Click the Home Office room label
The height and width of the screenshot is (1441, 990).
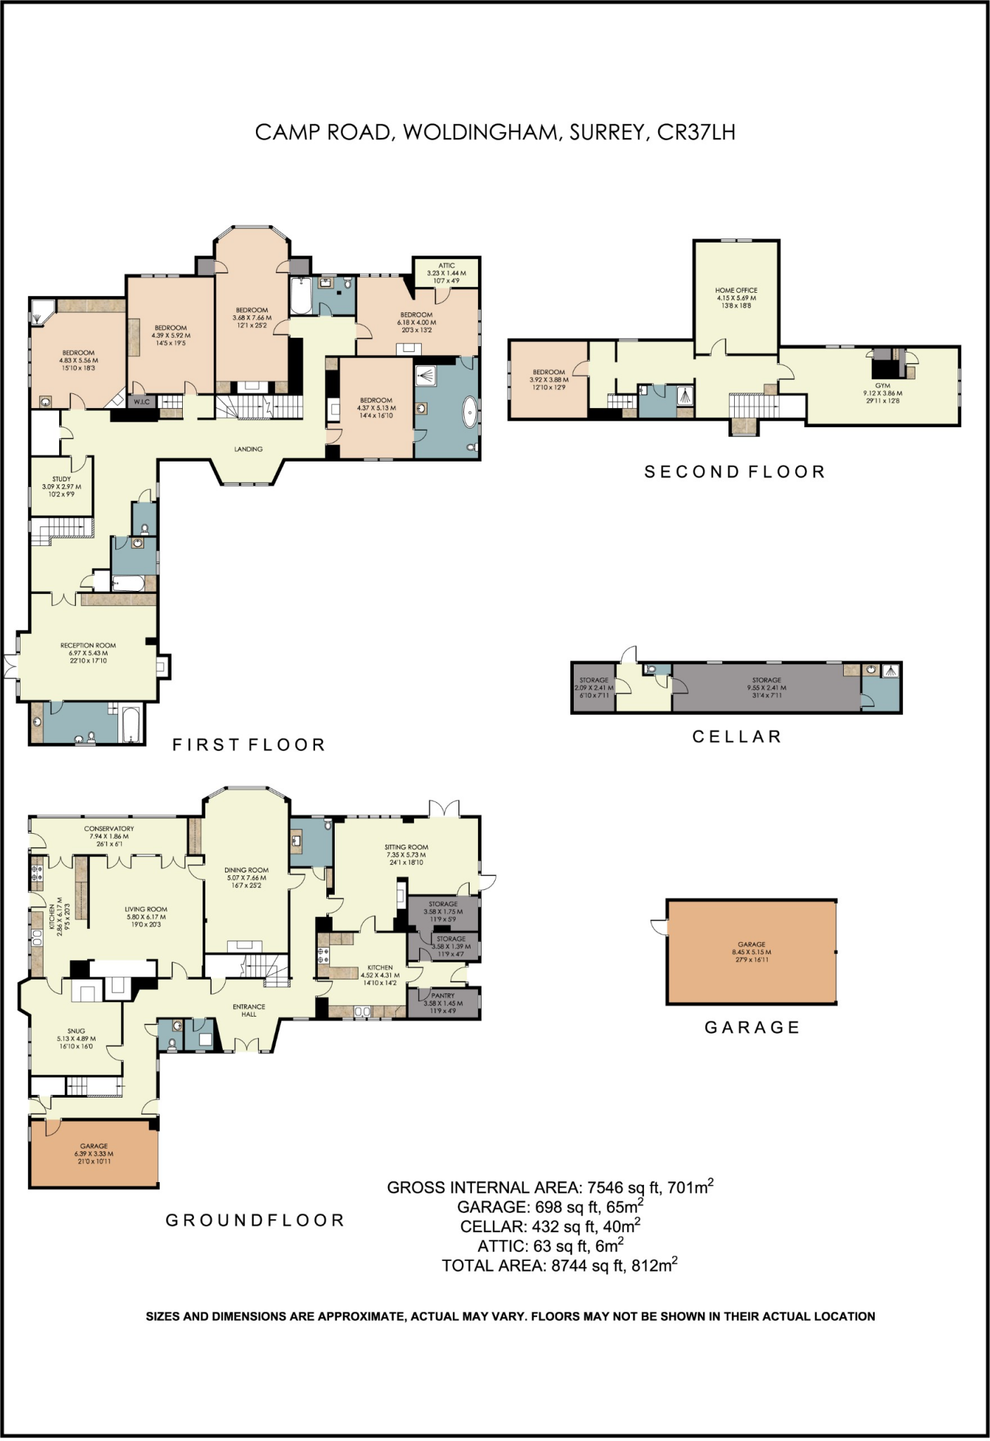[736, 291]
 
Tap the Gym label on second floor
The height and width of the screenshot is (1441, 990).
[882, 386]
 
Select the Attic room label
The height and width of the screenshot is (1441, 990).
[446, 266]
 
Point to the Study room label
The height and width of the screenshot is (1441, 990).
[61, 479]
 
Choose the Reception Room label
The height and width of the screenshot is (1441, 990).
[88, 645]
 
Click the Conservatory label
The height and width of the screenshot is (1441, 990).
[109, 829]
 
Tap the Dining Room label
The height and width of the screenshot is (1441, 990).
[246, 870]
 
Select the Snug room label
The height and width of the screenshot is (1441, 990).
[76, 1031]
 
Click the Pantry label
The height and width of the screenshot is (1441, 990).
[443, 996]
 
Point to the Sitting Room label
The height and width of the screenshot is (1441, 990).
[406, 848]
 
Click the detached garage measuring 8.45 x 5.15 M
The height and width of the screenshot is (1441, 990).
[751, 951]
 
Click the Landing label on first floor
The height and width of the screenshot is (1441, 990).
[248, 449]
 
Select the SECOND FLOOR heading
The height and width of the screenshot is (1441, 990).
[735, 471]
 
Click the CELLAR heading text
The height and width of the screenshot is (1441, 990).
[737, 737]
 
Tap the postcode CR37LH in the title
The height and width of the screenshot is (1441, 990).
[695, 132]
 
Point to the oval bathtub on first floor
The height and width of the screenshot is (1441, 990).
[469, 411]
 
